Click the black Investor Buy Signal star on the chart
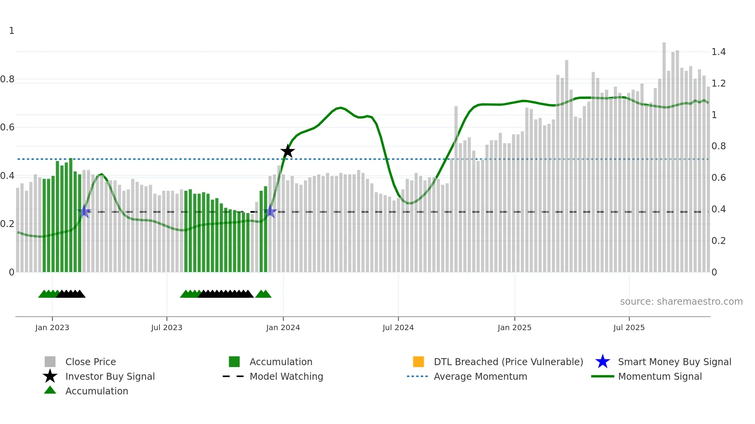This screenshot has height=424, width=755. (x=287, y=152)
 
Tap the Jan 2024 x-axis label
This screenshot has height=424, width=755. (x=283, y=327)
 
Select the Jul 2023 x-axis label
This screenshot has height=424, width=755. (x=166, y=327)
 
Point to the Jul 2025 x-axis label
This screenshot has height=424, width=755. (x=629, y=327)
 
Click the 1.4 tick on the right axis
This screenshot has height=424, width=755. (x=718, y=52)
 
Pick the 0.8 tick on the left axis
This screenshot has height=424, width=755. (x=7, y=79)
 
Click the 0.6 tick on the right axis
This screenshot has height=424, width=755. (x=718, y=178)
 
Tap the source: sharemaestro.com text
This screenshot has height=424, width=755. (x=681, y=301)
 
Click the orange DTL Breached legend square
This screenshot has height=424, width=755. (x=418, y=362)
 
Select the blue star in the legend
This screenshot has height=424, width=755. (x=602, y=362)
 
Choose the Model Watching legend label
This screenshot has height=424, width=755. (x=286, y=376)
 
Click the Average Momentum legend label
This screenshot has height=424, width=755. (x=480, y=376)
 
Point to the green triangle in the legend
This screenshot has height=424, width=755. (x=50, y=390)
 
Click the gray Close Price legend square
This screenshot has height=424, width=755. (x=50, y=362)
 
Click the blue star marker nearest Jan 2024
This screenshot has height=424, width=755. (x=270, y=211)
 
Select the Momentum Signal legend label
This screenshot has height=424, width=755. (x=660, y=376)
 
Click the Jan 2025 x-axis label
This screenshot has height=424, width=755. (x=514, y=327)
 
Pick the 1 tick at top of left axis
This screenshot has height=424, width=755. (x=12, y=31)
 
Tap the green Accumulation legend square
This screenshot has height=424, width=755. (x=234, y=362)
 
